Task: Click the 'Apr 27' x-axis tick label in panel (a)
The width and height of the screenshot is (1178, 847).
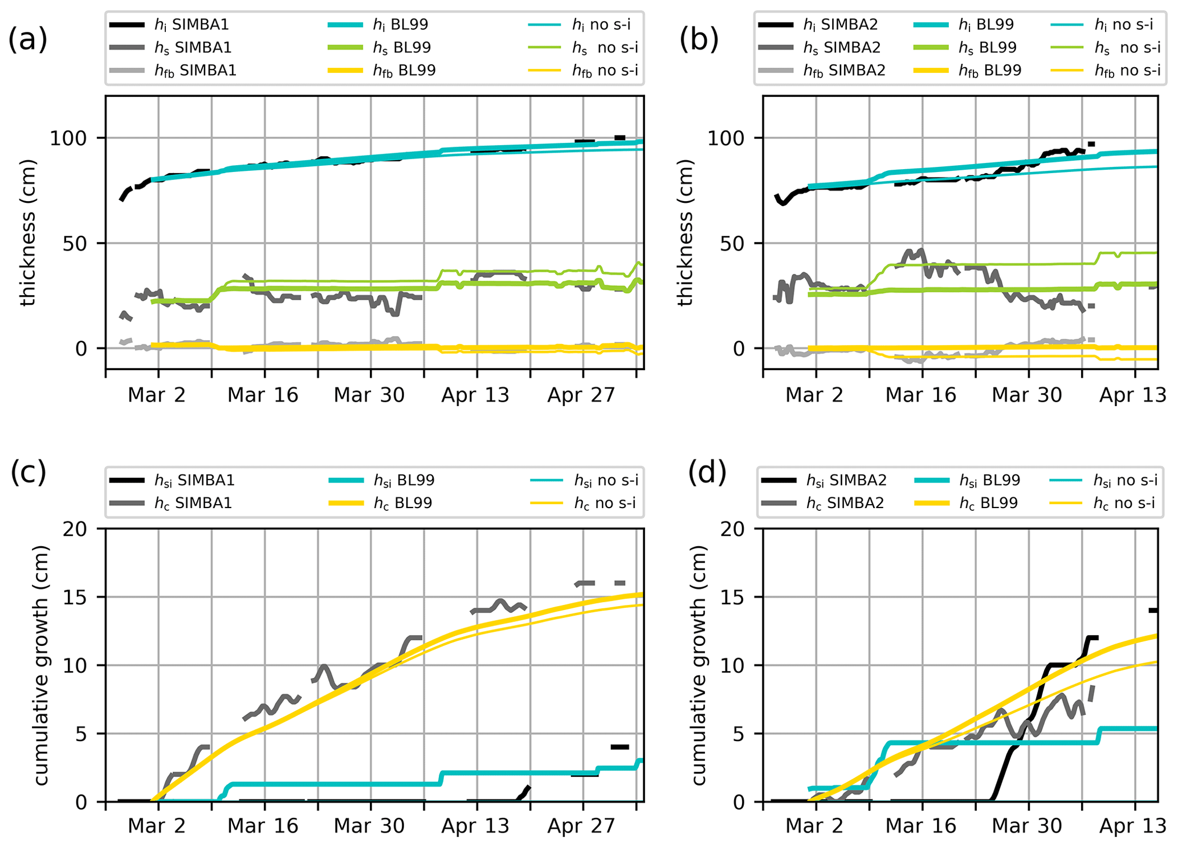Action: pos(581,395)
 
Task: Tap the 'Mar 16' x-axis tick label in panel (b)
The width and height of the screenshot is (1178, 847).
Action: pos(920,395)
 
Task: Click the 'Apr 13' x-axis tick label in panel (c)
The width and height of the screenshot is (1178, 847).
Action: pos(475,826)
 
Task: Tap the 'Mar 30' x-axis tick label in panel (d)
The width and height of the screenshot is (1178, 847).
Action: pos(1026,826)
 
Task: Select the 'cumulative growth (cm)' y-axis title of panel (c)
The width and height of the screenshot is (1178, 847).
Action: pos(41,665)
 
